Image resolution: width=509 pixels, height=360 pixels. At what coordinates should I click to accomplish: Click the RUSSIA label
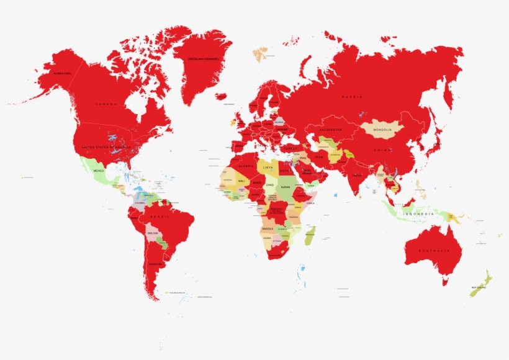pyautogui.click(x=352, y=97)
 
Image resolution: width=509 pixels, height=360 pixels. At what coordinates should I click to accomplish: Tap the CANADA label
pyautogui.click(x=106, y=104)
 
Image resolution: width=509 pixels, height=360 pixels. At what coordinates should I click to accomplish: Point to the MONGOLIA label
pyautogui.click(x=383, y=130)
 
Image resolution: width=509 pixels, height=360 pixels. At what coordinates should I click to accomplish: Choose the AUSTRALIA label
pyautogui.click(x=433, y=250)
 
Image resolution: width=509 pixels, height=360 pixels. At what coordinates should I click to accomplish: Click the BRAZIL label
pyautogui.click(x=158, y=217)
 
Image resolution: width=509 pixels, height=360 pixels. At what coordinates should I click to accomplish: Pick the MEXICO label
pyautogui.click(x=98, y=170)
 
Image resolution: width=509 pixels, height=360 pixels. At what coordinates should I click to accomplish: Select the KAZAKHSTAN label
pyautogui.click(x=330, y=129)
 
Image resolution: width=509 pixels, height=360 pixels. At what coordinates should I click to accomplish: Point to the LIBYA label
pyautogui.click(x=268, y=167)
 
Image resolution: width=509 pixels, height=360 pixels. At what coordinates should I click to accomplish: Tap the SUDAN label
pyautogui.click(x=285, y=187)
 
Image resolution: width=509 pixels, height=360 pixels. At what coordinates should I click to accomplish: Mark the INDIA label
pyautogui.click(x=358, y=176)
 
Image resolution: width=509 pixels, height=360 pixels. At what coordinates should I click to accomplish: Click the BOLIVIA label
pyautogui.click(x=152, y=233)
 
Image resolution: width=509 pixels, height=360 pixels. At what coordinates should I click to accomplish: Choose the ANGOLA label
pyautogui.click(x=268, y=228)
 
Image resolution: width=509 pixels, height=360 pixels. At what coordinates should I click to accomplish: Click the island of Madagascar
pyautogui.click(x=310, y=236)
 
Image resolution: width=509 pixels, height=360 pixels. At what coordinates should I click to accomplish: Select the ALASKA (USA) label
pyautogui.click(x=62, y=74)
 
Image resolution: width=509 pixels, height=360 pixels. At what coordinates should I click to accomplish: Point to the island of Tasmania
pyautogui.click(x=445, y=282)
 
